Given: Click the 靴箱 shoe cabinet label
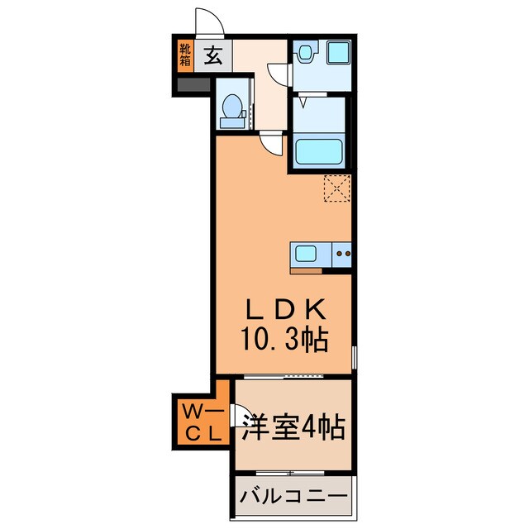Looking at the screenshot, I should tap(184, 55).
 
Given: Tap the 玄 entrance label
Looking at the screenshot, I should tap(212, 55).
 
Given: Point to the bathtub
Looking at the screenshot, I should tap(319, 150).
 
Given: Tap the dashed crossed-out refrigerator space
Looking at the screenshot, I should tap(337, 188).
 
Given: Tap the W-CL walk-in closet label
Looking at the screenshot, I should tap(200, 422).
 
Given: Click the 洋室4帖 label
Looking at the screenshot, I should tap(293, 430).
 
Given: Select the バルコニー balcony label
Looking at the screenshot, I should tap(293, 498).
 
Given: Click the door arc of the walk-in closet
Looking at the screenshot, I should tap(239, 414).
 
